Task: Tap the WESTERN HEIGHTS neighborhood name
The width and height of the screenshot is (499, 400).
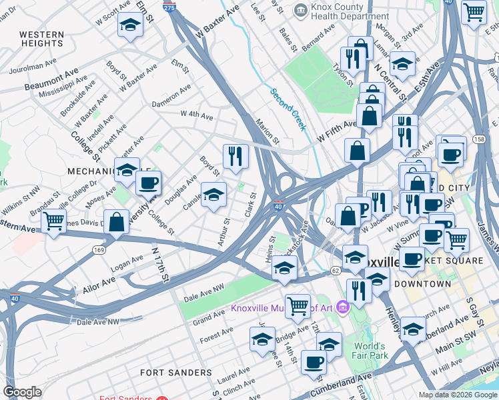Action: (x=41, y=39)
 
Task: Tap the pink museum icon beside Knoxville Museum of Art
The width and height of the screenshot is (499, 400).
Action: (x=343, y=307)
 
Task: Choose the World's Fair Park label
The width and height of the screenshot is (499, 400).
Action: (x=370, y=351)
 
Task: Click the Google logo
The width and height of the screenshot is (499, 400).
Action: (x=23, y=392)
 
